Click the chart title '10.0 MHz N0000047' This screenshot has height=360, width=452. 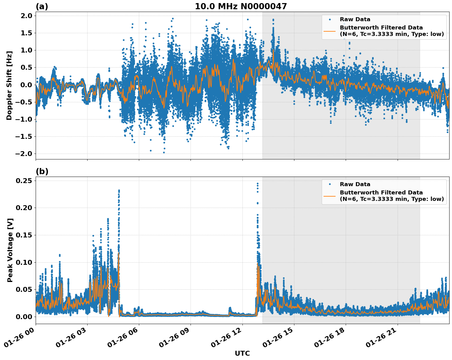241,6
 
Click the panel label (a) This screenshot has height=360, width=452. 42,6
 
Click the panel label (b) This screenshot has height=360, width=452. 42,171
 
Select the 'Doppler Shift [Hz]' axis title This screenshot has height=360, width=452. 9,85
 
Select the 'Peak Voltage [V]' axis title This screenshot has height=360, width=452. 10,250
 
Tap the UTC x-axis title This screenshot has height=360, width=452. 242,353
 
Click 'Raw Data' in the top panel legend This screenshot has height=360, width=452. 355,19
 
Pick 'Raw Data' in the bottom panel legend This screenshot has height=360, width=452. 355,184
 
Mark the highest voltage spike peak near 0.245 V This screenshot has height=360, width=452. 257,184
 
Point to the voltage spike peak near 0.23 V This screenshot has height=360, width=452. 119,191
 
